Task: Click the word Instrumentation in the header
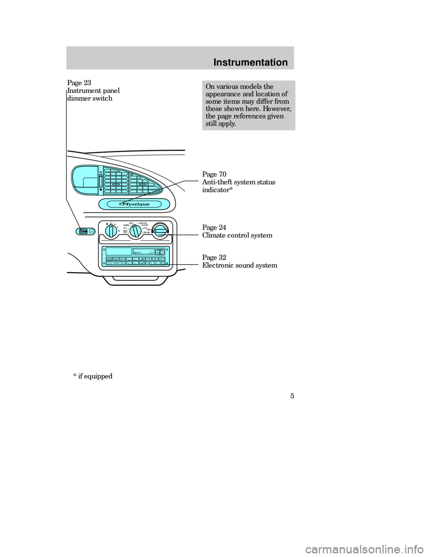click(250, 62)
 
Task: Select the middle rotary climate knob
click(136, 231)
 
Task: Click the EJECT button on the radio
click(161, 259)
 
